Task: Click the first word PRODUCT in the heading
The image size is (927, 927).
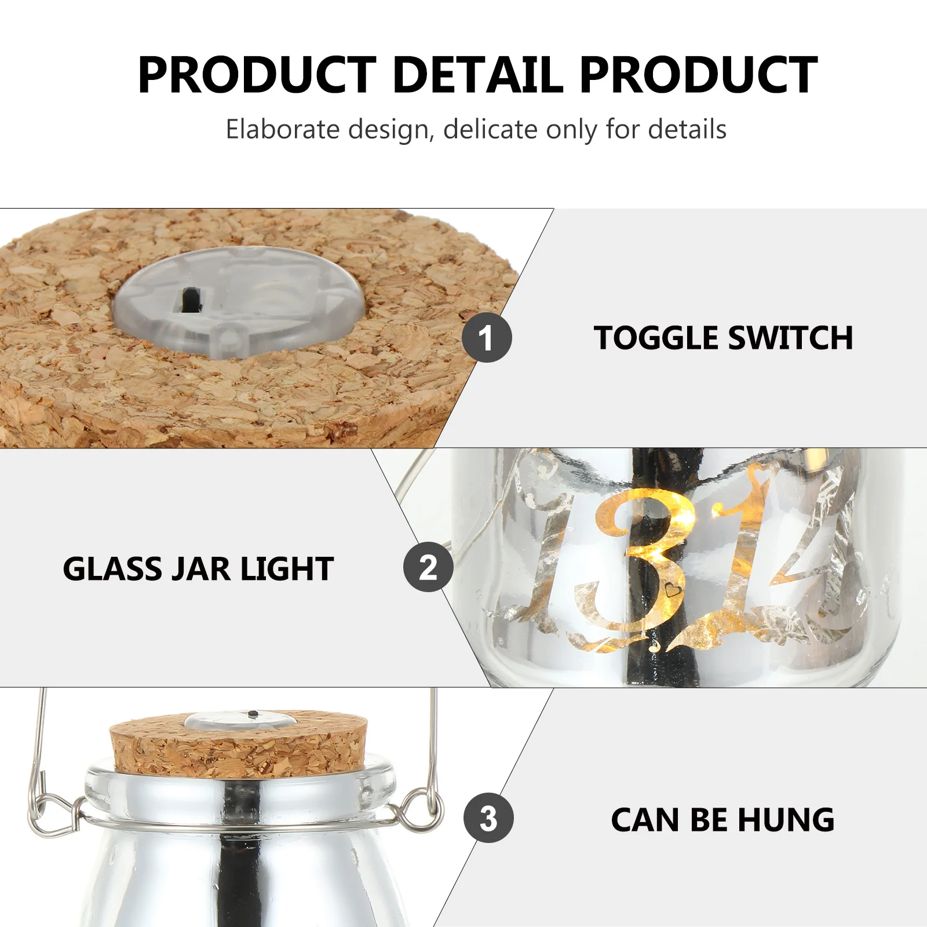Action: pos(257,75)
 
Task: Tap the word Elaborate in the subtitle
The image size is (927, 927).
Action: pos(283,129)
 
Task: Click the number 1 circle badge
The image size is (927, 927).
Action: pos(487,338)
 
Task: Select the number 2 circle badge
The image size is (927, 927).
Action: pos(428,567)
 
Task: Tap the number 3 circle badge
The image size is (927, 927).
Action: pos(488,817)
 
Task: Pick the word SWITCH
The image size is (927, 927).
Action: pos(791,338)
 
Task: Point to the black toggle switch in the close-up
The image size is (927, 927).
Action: pos(189,299)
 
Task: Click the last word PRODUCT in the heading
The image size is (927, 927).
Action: pos(699,75)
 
